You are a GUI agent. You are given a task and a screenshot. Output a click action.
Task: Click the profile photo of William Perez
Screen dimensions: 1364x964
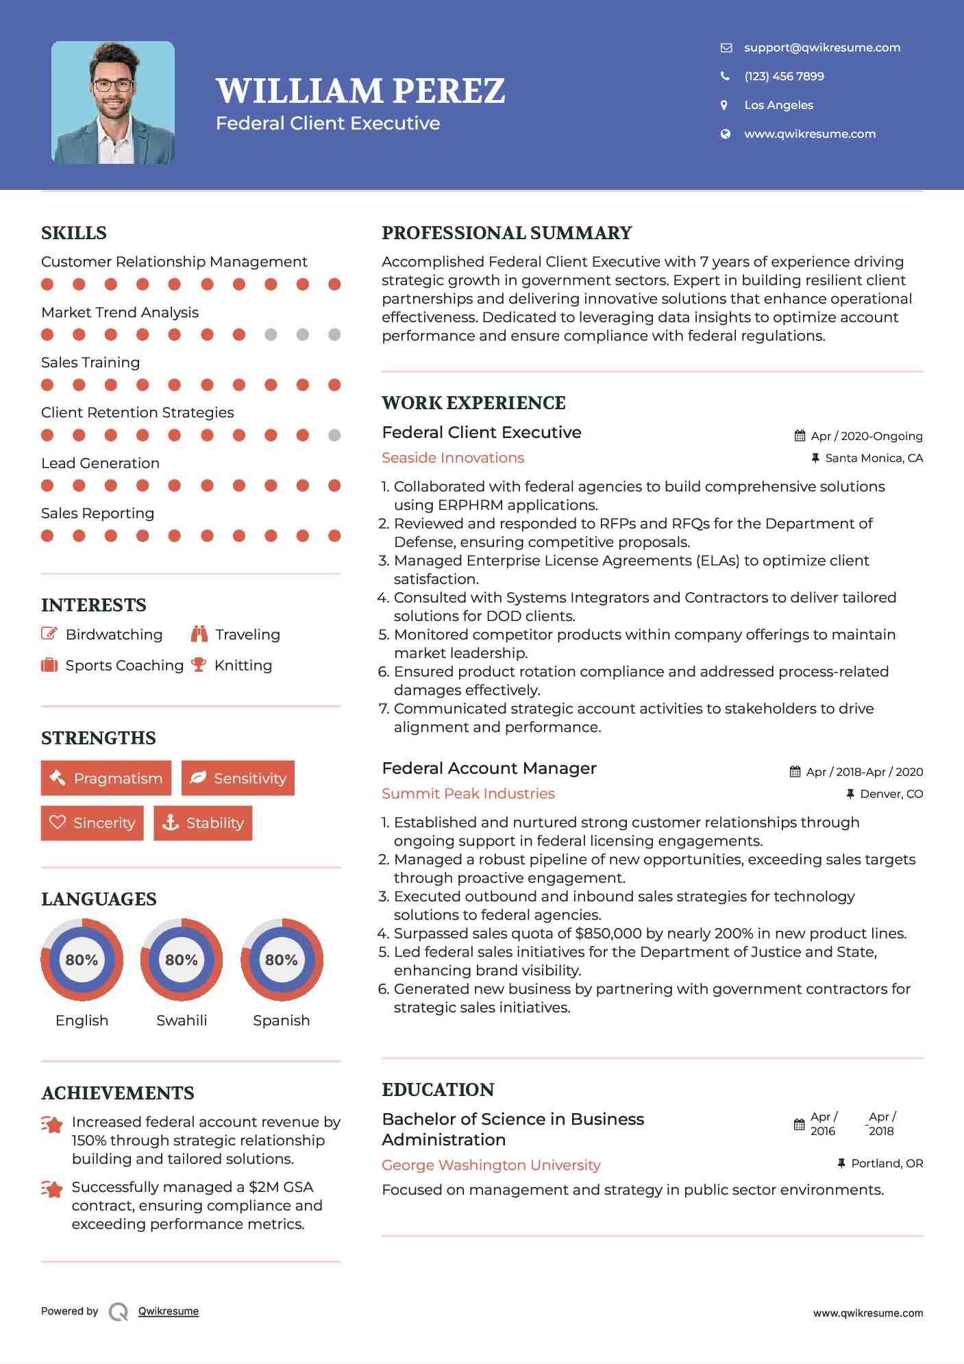pyautogui.click(x=113, y=103)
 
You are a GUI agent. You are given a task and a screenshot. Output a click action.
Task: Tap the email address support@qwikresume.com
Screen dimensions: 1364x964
pyautogui.click(x=821, y=47)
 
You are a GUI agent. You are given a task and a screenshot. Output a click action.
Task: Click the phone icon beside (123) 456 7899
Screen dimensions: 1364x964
pyautogui.click(x=725, y=76)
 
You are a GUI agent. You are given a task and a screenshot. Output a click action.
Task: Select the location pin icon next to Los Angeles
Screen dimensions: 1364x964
pyautogui.click(x=724, y=105)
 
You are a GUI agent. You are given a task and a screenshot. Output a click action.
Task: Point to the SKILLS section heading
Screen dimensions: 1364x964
pyautogui.click(x=74, y=233)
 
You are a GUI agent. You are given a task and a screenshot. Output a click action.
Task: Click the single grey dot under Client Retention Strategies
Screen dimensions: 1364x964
pyautogui.click(x=334, y=435)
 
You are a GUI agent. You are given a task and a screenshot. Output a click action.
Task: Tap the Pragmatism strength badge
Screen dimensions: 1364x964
pyautogui.click(x=106, y=778)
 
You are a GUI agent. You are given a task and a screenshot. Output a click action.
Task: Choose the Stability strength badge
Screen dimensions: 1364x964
pyautogui.click(x=203, y=823)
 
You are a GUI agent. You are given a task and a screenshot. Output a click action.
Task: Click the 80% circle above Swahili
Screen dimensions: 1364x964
pyautogui.click(x=182, y=960)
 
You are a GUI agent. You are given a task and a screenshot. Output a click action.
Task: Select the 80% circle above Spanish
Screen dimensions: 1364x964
pyautogui.click(x=282, y=960)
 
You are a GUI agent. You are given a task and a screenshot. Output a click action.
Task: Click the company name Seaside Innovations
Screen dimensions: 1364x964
pyautogui.click(x=453, y=458)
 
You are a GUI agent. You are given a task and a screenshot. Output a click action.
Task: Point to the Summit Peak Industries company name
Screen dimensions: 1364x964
pyautogui.click(x=468, y=794)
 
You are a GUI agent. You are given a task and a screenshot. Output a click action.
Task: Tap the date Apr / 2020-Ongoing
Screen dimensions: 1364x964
pyautogui.click(x=866, y=436)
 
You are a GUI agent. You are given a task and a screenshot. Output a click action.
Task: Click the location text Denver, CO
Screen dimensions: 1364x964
pyautogui.click(x=891, y=794)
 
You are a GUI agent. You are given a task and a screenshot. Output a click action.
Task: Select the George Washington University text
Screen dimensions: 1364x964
pyautogui.click(x=491, y=1165)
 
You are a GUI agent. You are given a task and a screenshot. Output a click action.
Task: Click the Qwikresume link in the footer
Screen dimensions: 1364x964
pyautogui.click(x=169, y=1311)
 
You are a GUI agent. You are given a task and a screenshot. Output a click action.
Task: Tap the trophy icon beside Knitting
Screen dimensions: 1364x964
pyautogui.click(x=199, y=665)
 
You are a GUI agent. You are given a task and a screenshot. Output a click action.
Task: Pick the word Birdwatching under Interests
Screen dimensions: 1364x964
pyautogui.click(x=114, y=635)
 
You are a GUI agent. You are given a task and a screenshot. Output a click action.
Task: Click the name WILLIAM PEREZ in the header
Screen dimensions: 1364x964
pyautogui.click(x=360, y=90)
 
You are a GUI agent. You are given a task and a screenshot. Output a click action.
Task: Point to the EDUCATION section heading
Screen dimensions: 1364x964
pyautogui.click(x=438, y=1090)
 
